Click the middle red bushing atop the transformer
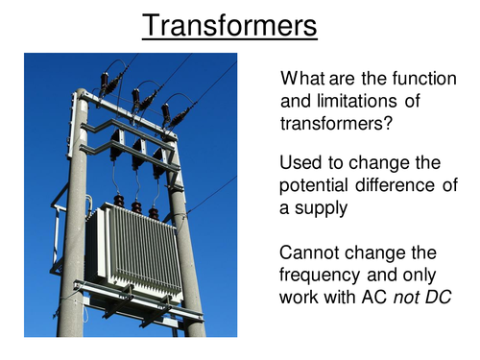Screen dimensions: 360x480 pyautogui.click(x=136, y=206)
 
